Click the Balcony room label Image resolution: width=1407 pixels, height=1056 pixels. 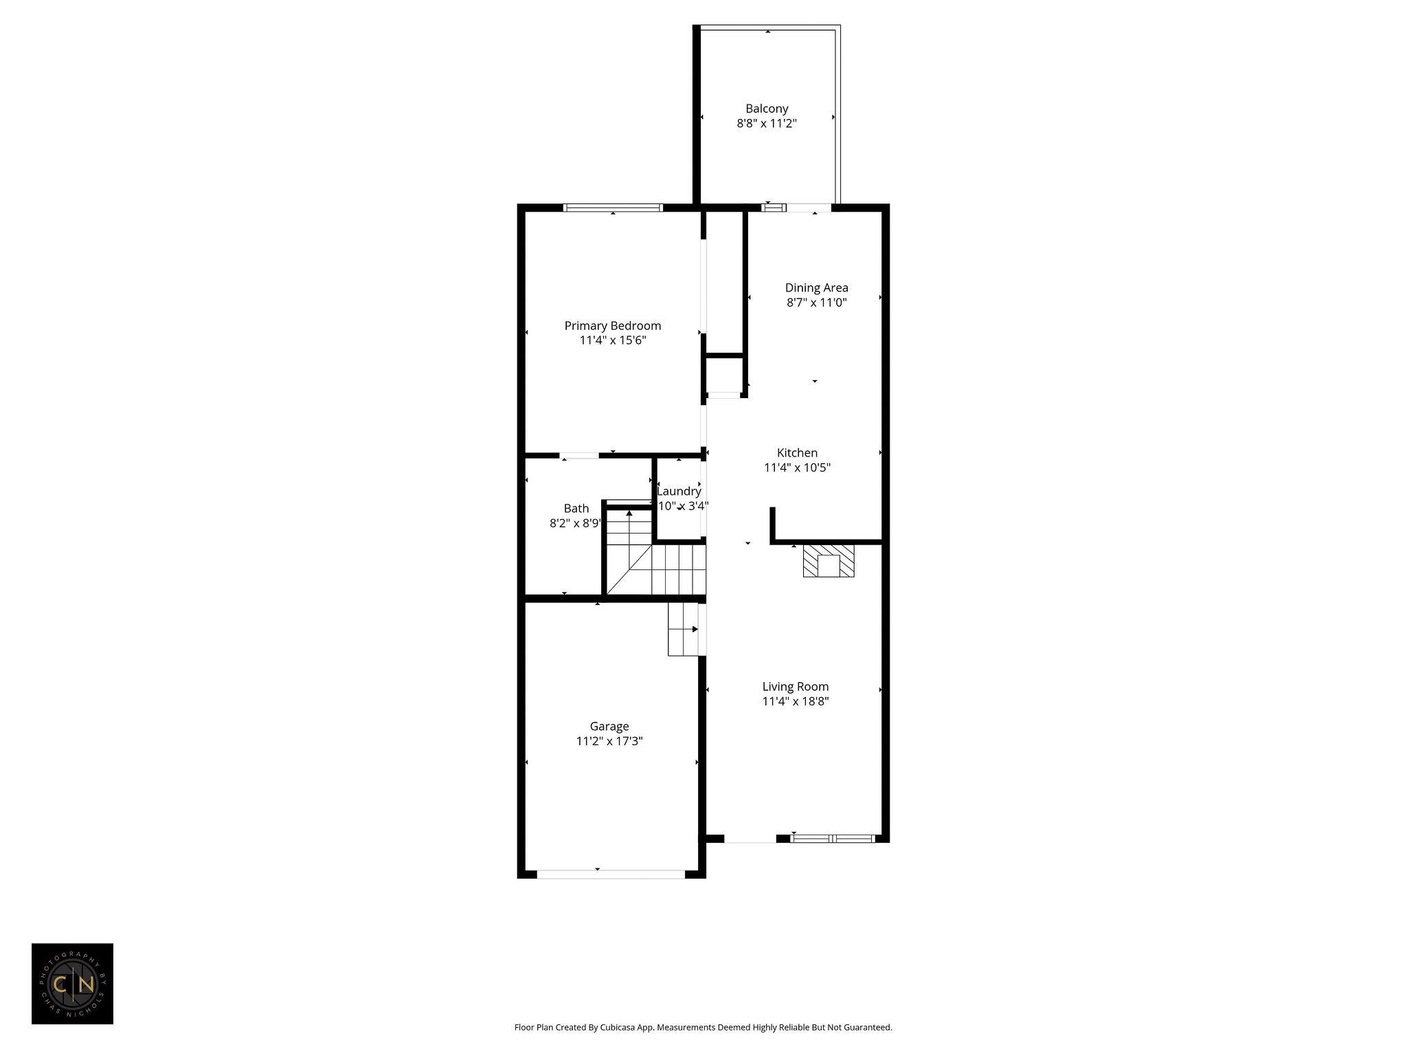(767, 109)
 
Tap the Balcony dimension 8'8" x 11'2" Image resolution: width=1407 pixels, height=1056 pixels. (767, 124)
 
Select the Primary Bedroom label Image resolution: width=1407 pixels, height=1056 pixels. (613, 326)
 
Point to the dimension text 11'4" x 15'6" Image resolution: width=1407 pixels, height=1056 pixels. (613, 340)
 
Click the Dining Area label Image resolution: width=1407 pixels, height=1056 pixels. (816, 288)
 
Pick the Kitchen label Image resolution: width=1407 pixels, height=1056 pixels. (797, 453)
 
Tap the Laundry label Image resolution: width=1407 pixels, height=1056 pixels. (679, 492)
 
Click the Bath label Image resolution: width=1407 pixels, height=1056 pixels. (576, 509)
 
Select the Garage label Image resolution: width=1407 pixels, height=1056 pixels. (609, 727)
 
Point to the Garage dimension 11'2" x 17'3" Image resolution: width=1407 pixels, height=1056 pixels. (609, 741)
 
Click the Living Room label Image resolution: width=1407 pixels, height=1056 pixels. (796, 687)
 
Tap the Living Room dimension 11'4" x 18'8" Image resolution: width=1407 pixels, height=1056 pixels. (796, 701)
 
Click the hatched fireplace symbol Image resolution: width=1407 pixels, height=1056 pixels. (829, 560)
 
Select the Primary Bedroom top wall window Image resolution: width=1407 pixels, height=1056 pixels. (613, 208)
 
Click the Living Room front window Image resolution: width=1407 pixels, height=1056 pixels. (832, 838)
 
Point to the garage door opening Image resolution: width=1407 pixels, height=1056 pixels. (610, 874)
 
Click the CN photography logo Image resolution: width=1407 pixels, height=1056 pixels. (72, 984)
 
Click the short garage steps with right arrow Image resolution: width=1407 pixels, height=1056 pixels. (684, 629)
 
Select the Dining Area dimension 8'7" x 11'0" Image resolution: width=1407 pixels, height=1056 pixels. (816, 302)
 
